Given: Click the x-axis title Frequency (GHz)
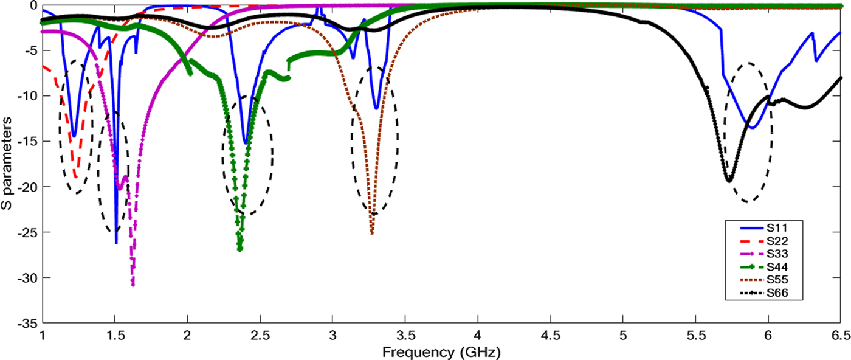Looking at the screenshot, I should (x=442, y=351).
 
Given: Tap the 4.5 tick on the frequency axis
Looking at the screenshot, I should (x=550, y=335).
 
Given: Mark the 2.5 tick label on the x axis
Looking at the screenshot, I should (x=260, y=335).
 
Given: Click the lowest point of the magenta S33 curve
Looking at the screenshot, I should (x=133, y=285).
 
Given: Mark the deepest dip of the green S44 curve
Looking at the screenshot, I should (x=240, y=249).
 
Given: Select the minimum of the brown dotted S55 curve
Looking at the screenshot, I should (x=371, y=234).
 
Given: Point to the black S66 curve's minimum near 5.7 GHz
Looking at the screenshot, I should (x=729, y=181).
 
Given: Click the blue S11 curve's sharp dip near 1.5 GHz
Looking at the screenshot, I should (x=115, y=243).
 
